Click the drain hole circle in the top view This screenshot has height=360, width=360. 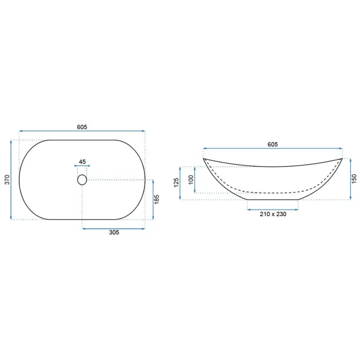pyautogui.click(x=82, y=180)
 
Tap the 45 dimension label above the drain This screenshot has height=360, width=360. pyautogui.click(x=82, y=162)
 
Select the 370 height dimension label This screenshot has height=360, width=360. pyautogui.click(x=8, y=180)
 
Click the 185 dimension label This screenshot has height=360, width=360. pyautogui.click(x=156, y=199)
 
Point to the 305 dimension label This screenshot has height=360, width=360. pyautogui.click(x=114, y=232)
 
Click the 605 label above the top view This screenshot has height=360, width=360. pyautogui.click(x=82, y=127)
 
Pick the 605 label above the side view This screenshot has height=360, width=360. pyautogui.click(x=272, y=145)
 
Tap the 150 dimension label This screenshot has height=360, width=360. pyautogui.click(x=354, y=179)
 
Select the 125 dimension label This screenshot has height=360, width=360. pyautogui.click(x=176, y=182)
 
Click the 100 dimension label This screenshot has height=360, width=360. pyautogui.click(x=191, y=180)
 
